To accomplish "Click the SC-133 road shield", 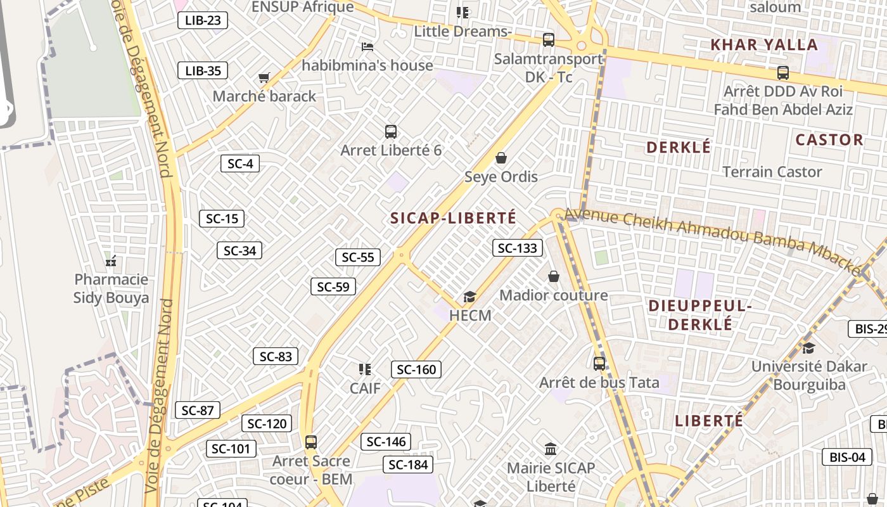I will click(518, 248).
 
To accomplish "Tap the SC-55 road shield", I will click(358, 257).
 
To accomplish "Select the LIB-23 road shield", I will click(203, 20).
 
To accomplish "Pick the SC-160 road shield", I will click(416, 369).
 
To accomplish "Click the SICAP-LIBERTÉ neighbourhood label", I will click(454, 218).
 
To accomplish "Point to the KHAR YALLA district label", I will click(763, 45).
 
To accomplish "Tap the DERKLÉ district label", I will click(679, 148).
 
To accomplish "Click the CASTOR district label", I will click(829, 140).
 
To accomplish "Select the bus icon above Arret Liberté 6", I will click(391, 132).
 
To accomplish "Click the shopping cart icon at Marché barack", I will click(264, 78).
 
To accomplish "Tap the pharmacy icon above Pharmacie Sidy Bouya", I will click(111, 261).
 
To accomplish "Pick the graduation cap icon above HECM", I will click(469, 297).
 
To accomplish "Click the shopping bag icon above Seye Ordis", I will click(501, 157).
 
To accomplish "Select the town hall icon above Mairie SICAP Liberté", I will click(551, 449).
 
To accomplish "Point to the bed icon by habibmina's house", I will click(367, 46).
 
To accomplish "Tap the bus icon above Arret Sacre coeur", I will click(310, 442).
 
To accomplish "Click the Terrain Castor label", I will click(772, 172).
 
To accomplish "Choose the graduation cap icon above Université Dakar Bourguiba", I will click(808, 347).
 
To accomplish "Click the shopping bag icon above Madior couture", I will click(554, 276).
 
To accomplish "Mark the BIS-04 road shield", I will click(847, 457).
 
